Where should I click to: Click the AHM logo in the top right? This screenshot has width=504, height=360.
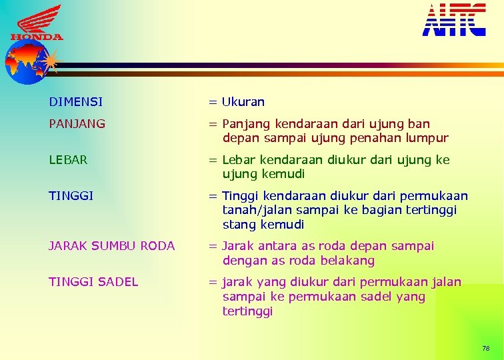(454, 19)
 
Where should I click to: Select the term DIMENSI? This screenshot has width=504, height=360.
(75, 102)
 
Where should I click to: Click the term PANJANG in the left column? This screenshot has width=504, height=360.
(77, 124)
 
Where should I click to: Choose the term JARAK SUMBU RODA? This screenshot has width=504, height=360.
(111, 246)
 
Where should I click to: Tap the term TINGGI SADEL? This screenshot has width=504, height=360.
(93, 282)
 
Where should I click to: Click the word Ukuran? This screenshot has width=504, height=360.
(243, 102)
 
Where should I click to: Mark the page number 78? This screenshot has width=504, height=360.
(485, 349)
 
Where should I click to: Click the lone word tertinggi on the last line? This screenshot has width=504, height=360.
(247, 311)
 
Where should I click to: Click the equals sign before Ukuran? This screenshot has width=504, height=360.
(212, 103)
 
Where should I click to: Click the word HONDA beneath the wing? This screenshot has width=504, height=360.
(37, 37)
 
